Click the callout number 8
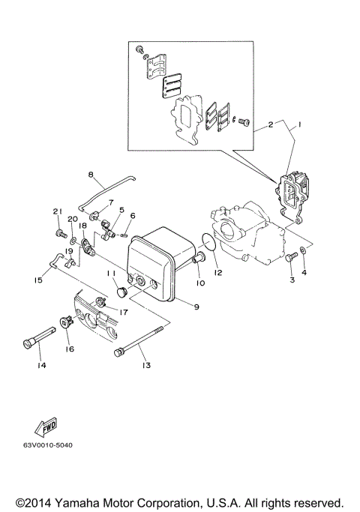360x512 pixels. pos(91,175)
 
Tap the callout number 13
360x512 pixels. pos(145,365)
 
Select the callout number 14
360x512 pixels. pos(41,365)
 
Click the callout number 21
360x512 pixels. pos(55,212)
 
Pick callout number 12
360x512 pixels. pos(219,273)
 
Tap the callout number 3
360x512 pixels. pos(292,280)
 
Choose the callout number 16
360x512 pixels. pos(69,349)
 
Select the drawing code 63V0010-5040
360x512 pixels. pos(47,455)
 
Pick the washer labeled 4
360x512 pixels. pos(302,251)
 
